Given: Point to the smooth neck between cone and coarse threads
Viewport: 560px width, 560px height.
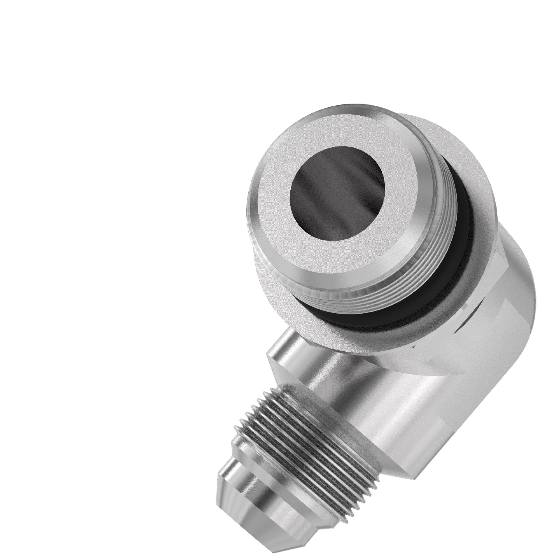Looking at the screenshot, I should click(261, 475).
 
